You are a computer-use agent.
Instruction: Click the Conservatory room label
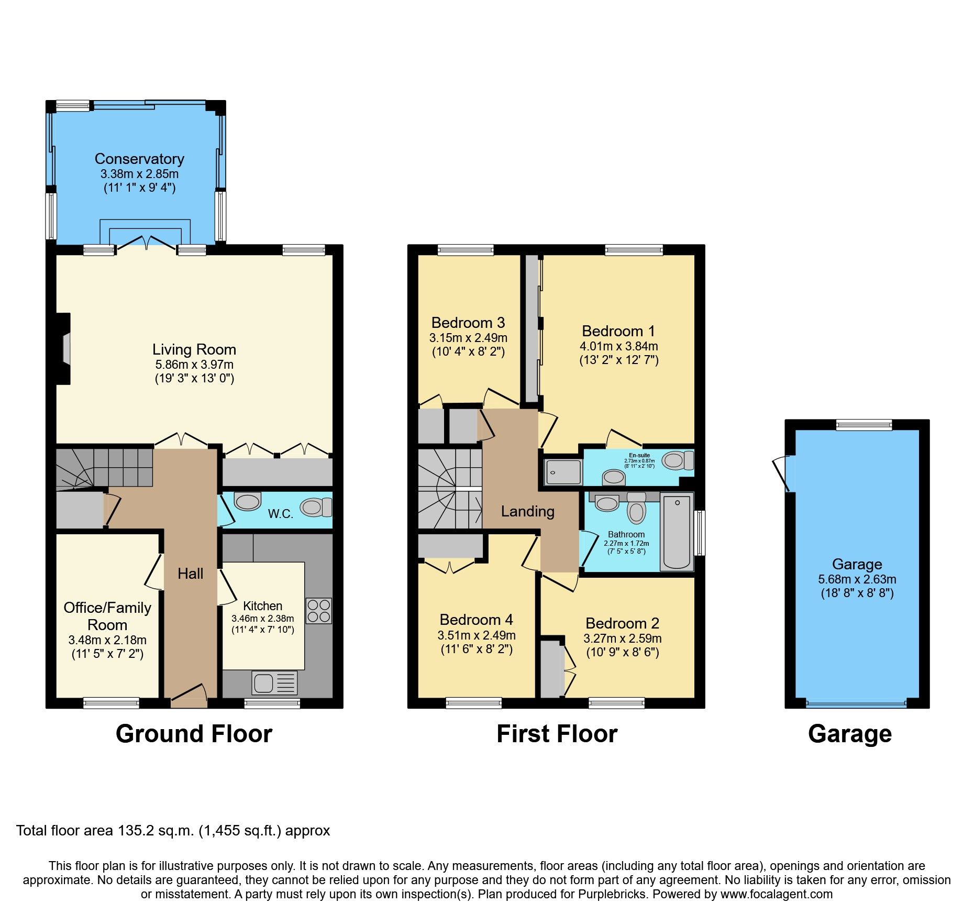[139, 159]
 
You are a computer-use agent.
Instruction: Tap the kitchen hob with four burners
[318, 611]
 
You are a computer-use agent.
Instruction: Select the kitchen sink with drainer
[274, 683]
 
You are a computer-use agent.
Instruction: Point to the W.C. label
[280, 514]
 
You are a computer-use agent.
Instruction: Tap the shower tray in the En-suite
[563, 472]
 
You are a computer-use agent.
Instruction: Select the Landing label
[527, 511]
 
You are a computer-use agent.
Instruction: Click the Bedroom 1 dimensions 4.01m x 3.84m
[618, 346]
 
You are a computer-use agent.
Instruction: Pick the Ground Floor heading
[194, 734]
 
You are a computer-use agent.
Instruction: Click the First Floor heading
[557, 734]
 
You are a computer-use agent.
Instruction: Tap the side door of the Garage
[783, 473]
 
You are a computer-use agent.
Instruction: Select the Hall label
[190, 574]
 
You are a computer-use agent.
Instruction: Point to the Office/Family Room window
[111, 703]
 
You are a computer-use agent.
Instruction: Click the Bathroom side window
[699, 533]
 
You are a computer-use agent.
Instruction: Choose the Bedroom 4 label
[476, 620]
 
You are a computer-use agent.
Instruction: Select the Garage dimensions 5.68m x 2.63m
[857, 579]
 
